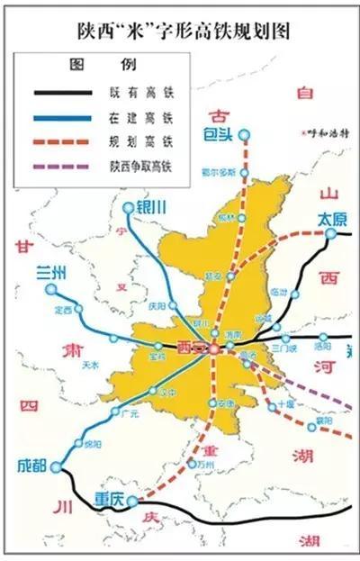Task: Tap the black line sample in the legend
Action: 63,93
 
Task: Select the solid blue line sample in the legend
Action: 63,117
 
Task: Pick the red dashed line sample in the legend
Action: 63,141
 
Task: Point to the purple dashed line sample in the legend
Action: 63,166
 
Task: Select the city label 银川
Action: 151,207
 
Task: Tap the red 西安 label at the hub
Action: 191,347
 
